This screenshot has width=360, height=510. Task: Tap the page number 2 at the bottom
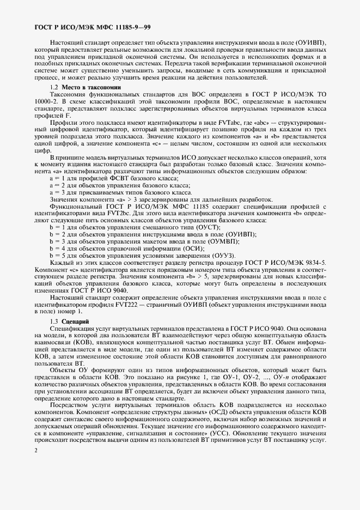35,451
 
